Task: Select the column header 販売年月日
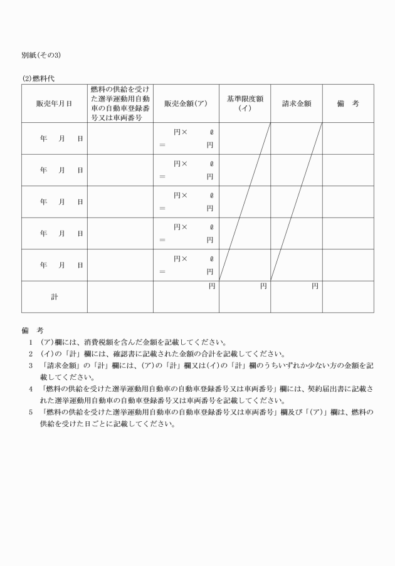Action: coord(54,103)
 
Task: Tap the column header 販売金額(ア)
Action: coord(186,103)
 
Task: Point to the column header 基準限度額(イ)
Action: coord(245,103)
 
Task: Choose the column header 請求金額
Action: coord(297,103)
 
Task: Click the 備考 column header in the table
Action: coord(348,103)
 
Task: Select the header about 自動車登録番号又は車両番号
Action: coord(120,103)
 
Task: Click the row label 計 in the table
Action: coord(54,296)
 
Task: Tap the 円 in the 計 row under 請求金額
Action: coord(315,286)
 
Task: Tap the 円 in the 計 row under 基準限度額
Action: coord(263,286)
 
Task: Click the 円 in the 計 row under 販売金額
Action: coord(212,286)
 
